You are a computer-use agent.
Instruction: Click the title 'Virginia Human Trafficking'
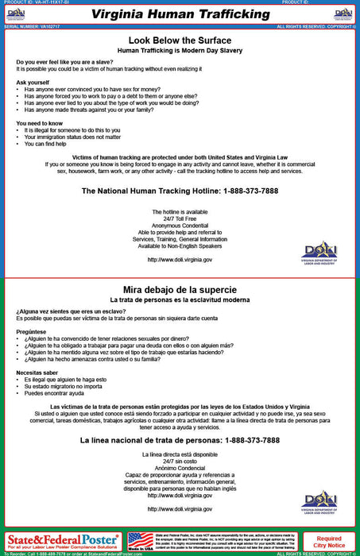180,14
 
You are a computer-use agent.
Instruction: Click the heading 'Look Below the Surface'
180,40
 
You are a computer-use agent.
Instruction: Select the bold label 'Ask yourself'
32,82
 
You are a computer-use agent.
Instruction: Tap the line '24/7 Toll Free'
180,218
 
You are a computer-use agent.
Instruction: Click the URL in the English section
180,260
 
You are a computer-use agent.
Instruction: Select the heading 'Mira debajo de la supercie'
180,289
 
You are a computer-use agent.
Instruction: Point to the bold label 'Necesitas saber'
39,372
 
